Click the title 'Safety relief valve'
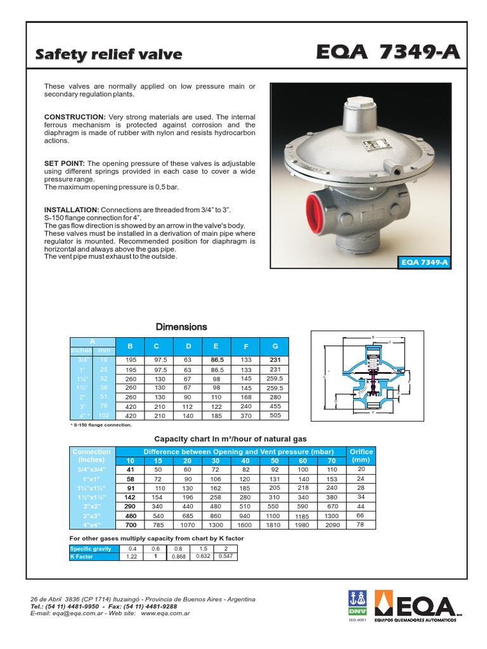108,55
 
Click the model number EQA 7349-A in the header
388,54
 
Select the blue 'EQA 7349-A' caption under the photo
425,262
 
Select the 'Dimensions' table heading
181,327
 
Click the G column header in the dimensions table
275,347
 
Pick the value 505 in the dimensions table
275,416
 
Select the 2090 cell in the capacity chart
332,525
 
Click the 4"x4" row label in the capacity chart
92,525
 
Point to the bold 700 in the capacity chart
131,525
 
